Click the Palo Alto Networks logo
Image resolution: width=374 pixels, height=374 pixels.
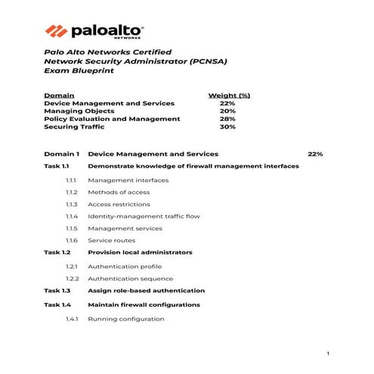pyautogui.click(x=94, y=31)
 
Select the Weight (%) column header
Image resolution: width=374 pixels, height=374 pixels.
pyautogui.click(x=229, y=95)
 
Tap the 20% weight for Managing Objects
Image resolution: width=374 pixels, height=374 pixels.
pyautogui.click(x=227, y=111)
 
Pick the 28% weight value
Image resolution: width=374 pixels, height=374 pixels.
pyautogui.click(x=227, y=119)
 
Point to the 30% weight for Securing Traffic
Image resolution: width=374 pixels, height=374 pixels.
pyautogui.click(x=227, y=127)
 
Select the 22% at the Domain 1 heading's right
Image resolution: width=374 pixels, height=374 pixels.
pyautogui.click(x=315, y=153)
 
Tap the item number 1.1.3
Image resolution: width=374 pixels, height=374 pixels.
pyautogui.click(x=72, y=204)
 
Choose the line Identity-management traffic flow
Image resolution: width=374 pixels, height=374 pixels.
pyautogui.click(x=144, y=216)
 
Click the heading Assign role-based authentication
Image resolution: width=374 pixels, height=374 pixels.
pyautogui.click(x=146, y=291)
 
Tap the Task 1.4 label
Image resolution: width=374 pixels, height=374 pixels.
pyautogui.click(x=57, y=304)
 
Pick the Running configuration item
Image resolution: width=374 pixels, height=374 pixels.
pyautogui.click(x=125, y=319)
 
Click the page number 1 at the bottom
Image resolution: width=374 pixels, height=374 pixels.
pyautogui.click(x=328, y=354)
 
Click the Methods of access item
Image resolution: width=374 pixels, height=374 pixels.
pyautogui.click(x=118, y=193)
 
